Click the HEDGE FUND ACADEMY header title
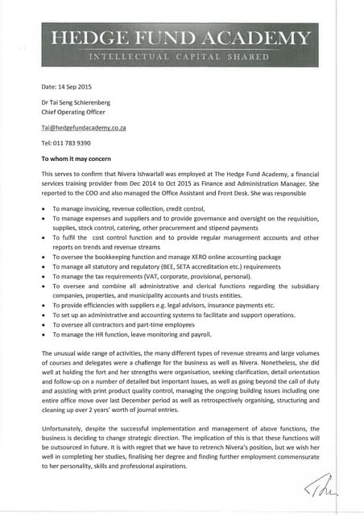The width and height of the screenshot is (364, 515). [180, 38]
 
